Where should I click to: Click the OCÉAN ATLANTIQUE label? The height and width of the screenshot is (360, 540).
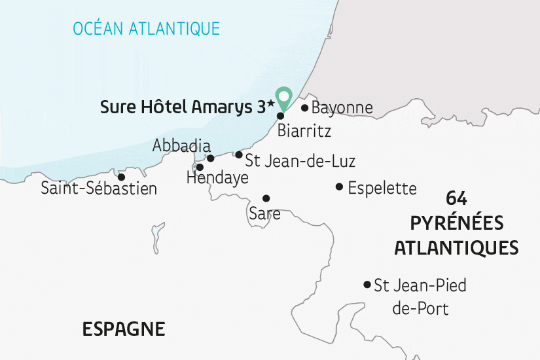pyautogui.click(x=146, y=28)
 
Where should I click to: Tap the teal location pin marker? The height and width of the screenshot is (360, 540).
pyautogui.click(x=283, y=98)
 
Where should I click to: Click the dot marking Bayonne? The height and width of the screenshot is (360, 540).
pyautogui.click(x=304, y=108)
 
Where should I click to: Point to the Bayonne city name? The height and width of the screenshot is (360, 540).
pyautogui.click(x=342, y=108)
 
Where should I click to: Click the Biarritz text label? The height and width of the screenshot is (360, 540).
pyautogui.click(x=304, y=130)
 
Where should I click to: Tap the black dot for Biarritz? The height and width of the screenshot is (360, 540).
pyautogui.click(x=280, y=116)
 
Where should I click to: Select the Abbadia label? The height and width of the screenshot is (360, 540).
pyautogui.click(x=181, y=145)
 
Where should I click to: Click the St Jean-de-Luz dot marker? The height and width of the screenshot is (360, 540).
pyautogui.click(x=239, y=155)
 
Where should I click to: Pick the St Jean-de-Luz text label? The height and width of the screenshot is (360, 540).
pyautogui.click(x=300, y=159)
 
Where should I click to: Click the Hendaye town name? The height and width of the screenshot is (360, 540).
pyautogui.click(x=217, y=177)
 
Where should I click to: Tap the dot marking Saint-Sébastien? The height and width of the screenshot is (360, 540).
pyautogui.click(x=121, y=177)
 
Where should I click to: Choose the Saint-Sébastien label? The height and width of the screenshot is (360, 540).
pyautogui.click(x=99, y=189)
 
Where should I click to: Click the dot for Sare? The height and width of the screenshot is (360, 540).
pyautogui.click(x=266, y=198)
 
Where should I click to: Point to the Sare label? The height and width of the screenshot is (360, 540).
pyautogui.click(x=264, y=213)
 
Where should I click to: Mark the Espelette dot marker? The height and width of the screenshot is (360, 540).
pyautogui.click(x=339, y=187)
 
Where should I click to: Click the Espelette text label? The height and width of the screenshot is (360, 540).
pyautogui.click(x=382, y=189)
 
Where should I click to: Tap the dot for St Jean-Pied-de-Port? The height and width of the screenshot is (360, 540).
pyautogui.click(x=367, y=284)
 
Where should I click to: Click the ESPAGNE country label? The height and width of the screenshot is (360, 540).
pyautogui.click(x=124, y=329)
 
